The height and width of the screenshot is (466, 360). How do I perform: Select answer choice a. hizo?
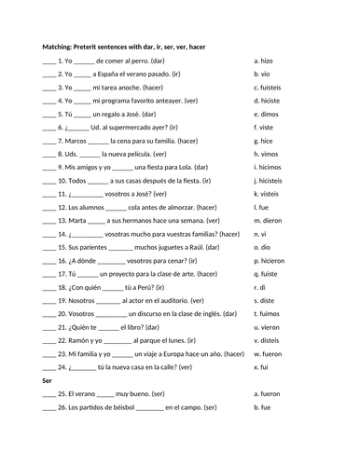265,59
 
